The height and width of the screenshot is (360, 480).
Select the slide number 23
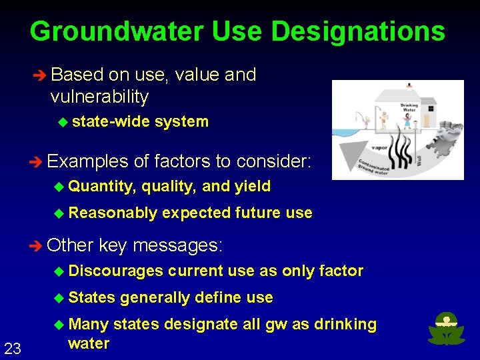click(x=13, y=347)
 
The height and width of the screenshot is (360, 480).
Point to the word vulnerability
click(x=99, y=97)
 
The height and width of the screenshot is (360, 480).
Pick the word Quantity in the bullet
click(x=102, y=187)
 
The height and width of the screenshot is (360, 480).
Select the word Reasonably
click(x=113, y=213)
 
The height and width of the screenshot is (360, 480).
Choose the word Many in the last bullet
click(x=89, y=324)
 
